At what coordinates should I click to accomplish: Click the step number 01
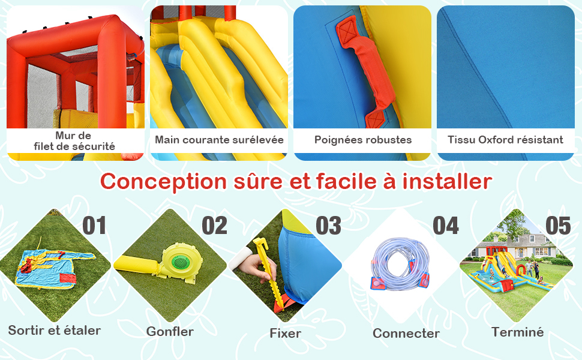[x=94, y=226]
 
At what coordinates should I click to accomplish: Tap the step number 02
[x=214, y=226]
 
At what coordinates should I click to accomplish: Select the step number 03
[x=328, y=226]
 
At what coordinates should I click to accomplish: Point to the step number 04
[x=445, y=226]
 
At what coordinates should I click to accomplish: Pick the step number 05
[x=557, y=226]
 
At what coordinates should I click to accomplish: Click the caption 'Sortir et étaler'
[x=54, y=330]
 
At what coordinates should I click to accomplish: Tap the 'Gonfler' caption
[x=170, y=331]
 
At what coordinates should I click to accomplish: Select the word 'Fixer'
[x=285, y=333]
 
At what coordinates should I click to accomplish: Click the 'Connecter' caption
[x=406, y=333]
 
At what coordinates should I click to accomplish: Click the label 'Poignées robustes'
[x=362, y=140]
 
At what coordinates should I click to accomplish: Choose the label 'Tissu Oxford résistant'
[x=505, y=140]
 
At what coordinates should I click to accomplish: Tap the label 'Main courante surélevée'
[x=219, y=140]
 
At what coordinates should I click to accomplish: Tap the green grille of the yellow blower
[x=180, y=262]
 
